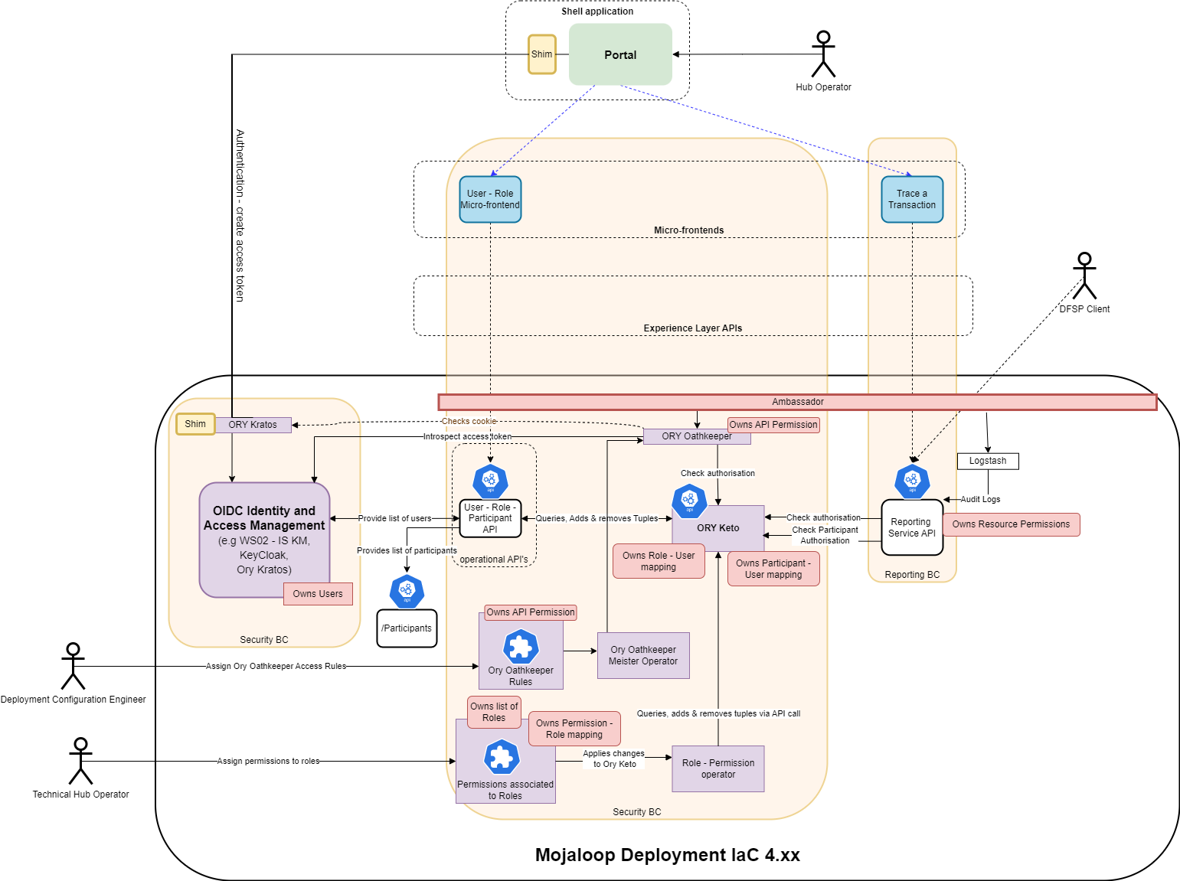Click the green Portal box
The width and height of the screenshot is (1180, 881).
pyautogui.click(x=620, y=54)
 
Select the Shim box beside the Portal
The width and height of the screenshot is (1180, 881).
pyautogui.click(x=541, y=54)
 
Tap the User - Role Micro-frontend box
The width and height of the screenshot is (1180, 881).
pyautogui.click(x=490, y=200)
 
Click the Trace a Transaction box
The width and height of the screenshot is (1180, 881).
pyautogui.click(x=912, y=200)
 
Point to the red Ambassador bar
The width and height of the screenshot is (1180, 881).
pyautogui.click(x=797, y=402)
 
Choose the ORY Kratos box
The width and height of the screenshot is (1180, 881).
pyautogui.click(x=253, y=425)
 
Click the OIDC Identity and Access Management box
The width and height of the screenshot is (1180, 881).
pyautogui.click(x=264, y=539)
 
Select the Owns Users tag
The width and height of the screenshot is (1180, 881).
pyautogui.click(x=318, y=594)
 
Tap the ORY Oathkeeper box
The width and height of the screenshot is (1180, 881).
pyautogui.click(x=697, y=436)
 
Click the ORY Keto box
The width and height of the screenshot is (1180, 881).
pyautogui.click(x=718, y=528)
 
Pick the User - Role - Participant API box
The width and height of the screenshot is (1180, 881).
pyautogui.click(x=490, y=519)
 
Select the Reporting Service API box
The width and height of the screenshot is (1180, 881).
pyautogui.click(x=912, y=527)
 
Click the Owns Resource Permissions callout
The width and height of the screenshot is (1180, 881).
pyautogui.click(x=1011, y=524)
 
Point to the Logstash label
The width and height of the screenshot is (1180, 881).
pyautogui.click(x=988, y=461)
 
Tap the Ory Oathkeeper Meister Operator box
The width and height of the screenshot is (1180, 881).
pyautogui.click(x=643, y=655)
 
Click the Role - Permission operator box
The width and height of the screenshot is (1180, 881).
pyautogui.click(x=718, y=768)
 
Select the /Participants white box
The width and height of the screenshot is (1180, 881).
pyautogui.click(x=407, y=628)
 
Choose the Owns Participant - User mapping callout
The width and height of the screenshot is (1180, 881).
pyautogui.click(x=773, y=569)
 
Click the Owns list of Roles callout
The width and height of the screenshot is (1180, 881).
pyautogui.click(x=494, y=712)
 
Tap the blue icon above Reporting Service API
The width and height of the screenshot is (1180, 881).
pyautogui.click(x=912, y=481)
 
